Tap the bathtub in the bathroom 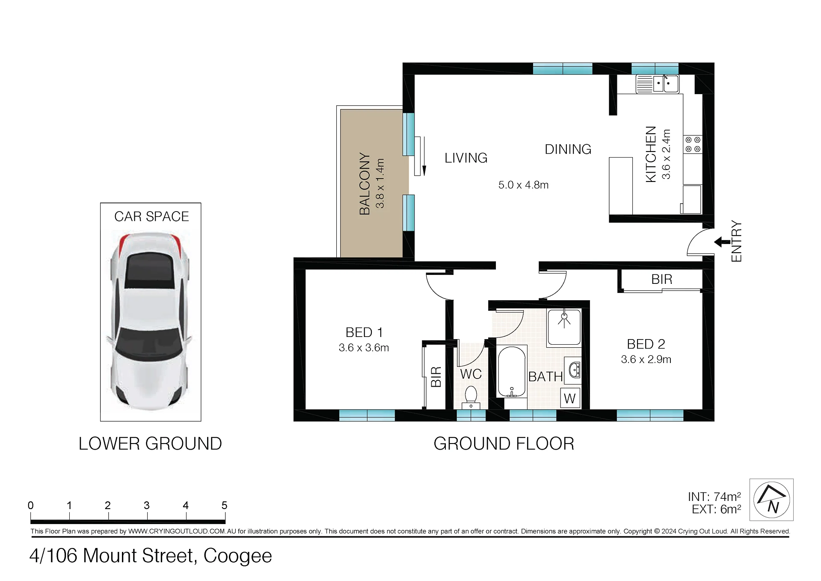pyautogui.click(x=512, y=372)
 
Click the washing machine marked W pyautogui.click(x=570, y=398)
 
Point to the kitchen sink pyautogui.click(x=657, y=83)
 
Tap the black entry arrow pyautogui.click(x=722, y=242)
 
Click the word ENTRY pyautogui.click(x=736, y=241)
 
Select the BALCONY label pyautogui.click(x=365, y=183)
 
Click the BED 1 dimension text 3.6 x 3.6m pyautogui.click(x=364, y=348)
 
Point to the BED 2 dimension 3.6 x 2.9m pyautogui.click(x=646, y=359)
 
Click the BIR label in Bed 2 pyautogui.click(x=662, y=280)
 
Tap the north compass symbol pyautogui.click(x=772, y=500)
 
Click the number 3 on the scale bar pyautogui.click(x=147, y=506)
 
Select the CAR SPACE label pyautogui.click(x=151, y=217)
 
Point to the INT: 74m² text pyautogui.click(x=714, y=497)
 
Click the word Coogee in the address pyautogui.click(x=237, y=556)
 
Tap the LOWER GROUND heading pyautogui.click(x=150, y=444)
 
